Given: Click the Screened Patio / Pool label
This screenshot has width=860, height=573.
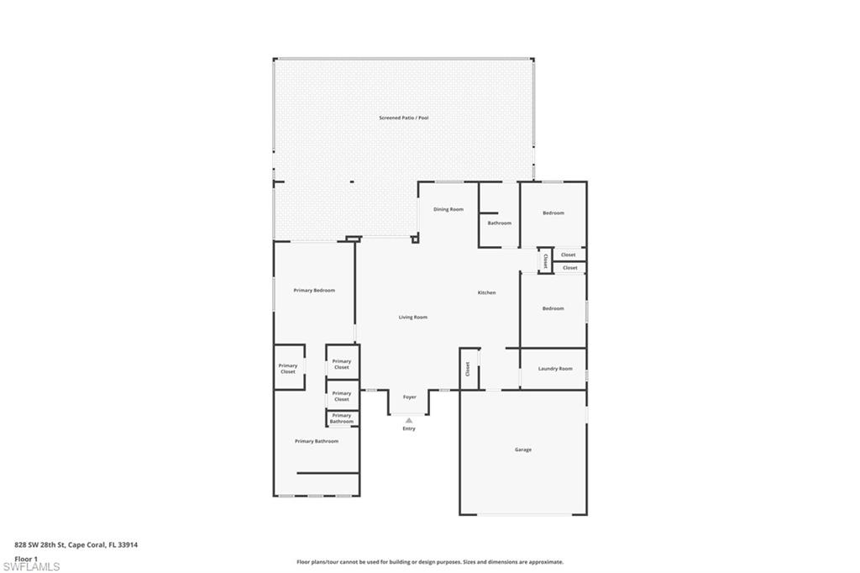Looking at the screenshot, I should (x=403, y=118).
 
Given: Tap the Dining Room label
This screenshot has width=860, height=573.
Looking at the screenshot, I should (x=448, y=209).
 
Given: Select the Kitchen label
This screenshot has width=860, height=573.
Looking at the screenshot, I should (x=486, y=292).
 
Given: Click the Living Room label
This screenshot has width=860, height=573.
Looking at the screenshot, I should (x=412, y=317).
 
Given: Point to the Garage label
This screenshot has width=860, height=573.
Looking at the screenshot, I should (x=522, y=449).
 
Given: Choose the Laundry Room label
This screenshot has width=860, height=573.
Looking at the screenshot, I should (x=554, y=368).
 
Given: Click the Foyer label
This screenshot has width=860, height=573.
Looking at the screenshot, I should (x=409, y=397).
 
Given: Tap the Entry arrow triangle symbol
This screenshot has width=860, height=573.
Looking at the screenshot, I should (x=409, y=420).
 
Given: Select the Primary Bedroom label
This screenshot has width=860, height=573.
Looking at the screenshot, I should (x=314, y=290).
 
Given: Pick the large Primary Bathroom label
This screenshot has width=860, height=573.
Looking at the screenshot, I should (x=316, y=441).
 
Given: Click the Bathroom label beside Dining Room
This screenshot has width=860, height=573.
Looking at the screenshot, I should (x=499, y=223).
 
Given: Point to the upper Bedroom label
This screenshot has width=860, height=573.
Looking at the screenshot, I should (x=553, y=213).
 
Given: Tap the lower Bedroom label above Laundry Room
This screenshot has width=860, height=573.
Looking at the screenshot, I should (x=553, y=308).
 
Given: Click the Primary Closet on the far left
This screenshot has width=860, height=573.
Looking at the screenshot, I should (x=288, y=368).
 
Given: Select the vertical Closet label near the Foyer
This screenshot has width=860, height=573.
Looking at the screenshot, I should (x=467, y=368).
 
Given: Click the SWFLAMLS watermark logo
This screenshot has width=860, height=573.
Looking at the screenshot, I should (x=32, y=565).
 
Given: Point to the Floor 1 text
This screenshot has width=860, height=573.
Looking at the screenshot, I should (x=26, y=558).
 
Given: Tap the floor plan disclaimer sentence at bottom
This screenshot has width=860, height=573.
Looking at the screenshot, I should (x=429, y=562).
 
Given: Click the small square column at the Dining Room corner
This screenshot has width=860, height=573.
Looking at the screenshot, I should (x=415, y=239).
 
